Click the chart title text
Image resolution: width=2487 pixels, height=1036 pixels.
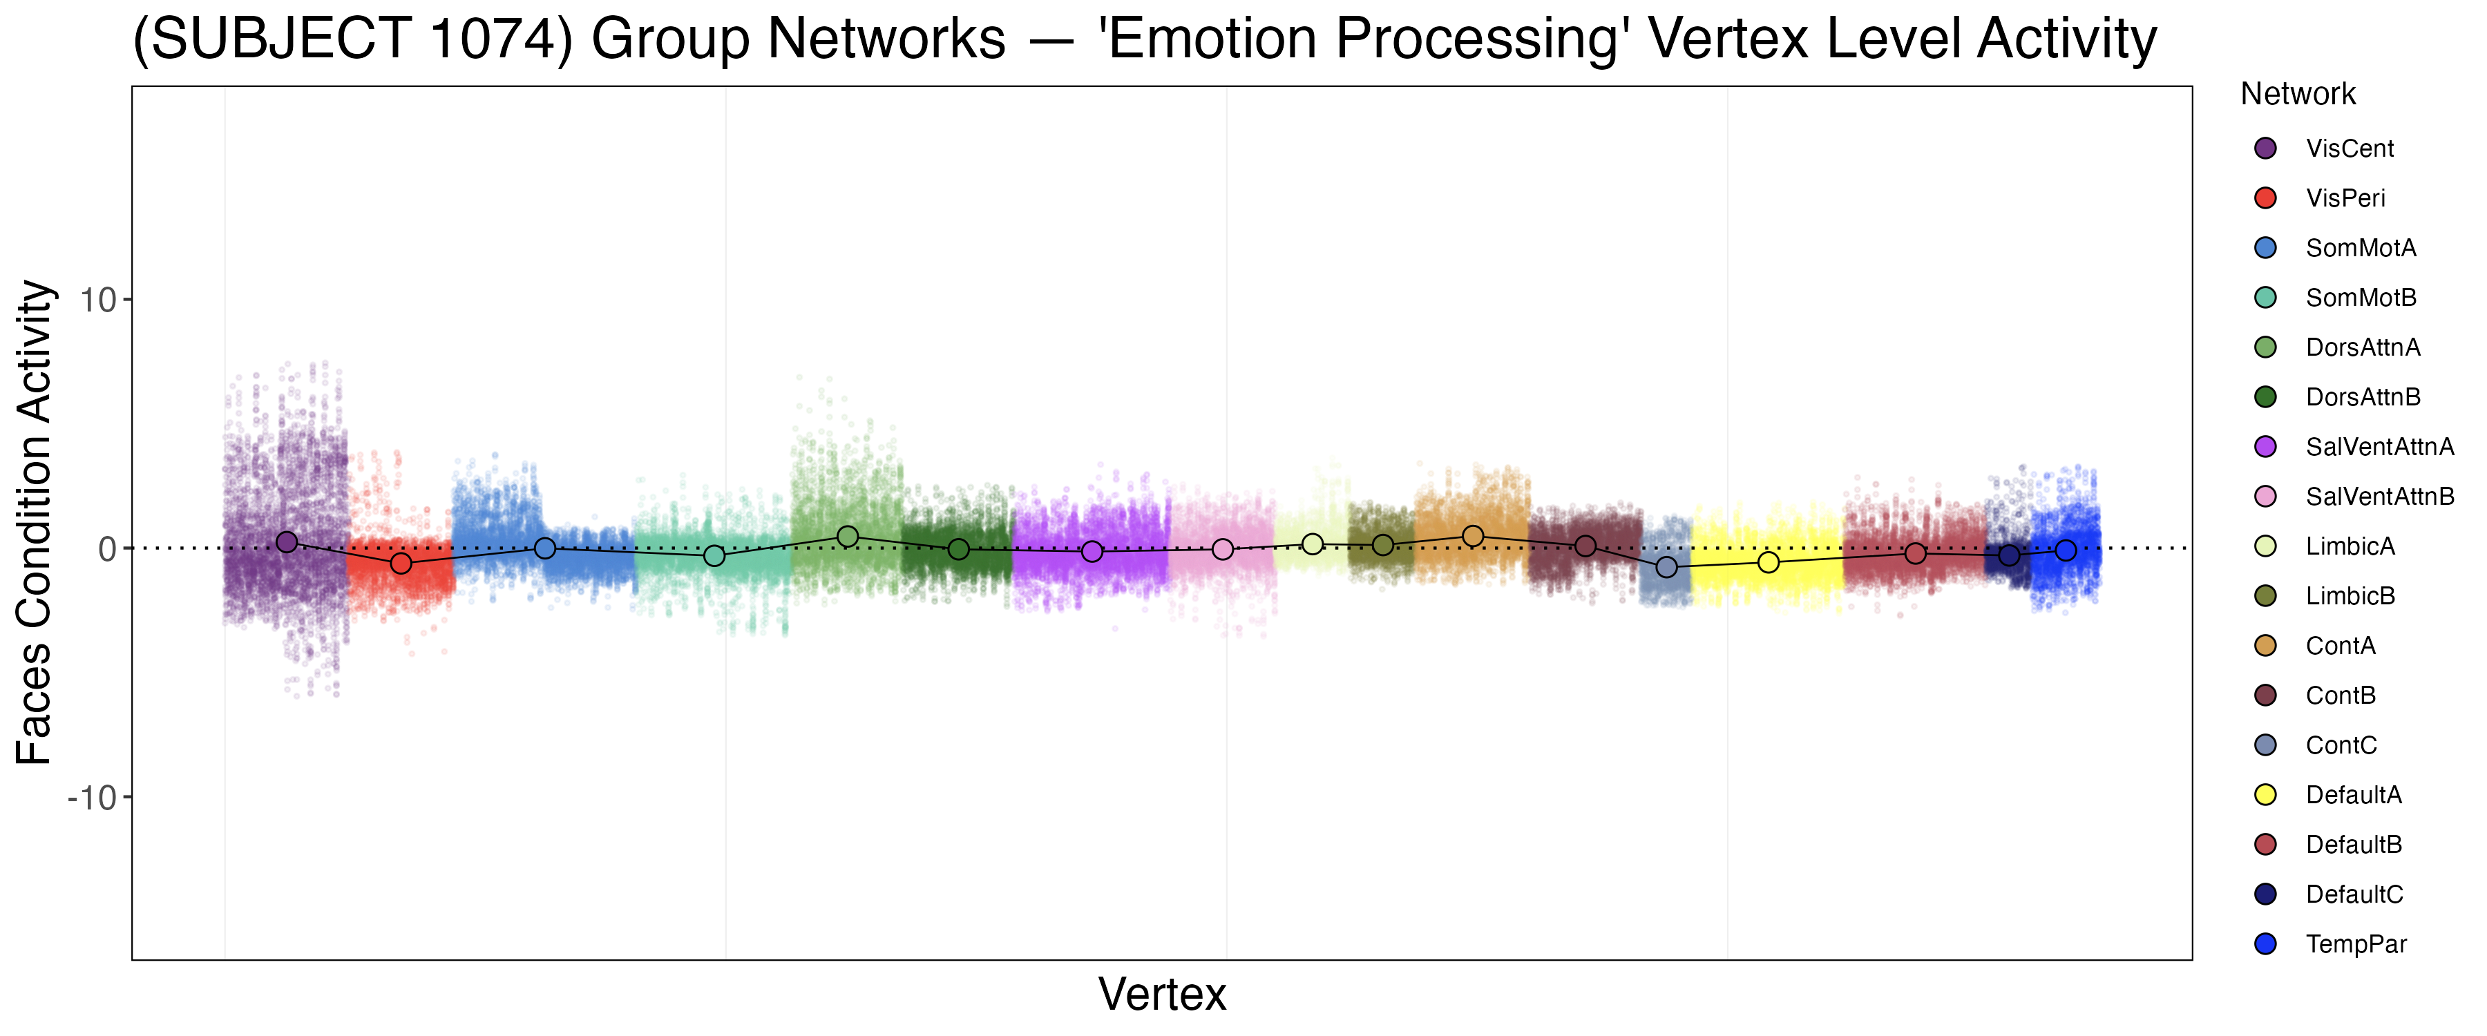pyautogui.click(x=1144, y=41)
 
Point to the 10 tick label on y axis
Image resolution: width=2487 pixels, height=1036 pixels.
pyautogui.click(x=97, y=300)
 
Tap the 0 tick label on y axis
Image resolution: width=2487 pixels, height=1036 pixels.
pyautogui.click(x=107, y=549)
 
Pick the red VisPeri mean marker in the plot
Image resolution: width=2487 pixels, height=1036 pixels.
pyautogui.click(x=401, y=563)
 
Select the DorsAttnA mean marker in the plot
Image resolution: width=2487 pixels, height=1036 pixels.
pyautogui.click(x=848, y=536)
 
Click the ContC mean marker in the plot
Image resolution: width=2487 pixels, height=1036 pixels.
pyautogui.click(x=1666, y=567)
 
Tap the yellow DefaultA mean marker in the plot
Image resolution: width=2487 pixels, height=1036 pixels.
pyautogui.click(x=1768, y=562)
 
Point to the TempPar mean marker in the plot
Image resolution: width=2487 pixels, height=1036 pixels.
pyautogui.click(x=2065, y=550)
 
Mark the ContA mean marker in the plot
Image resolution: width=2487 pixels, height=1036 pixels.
pyautogui.click(x=1472, y=536)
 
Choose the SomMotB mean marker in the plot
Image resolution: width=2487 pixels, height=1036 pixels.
pyautogui.click(x=714, y=555)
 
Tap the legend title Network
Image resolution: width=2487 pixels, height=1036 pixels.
pyautogui.click(x=2297, y=94)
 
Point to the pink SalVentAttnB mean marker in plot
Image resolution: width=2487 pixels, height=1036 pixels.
pyautogui.click(x=1222, y=548)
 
